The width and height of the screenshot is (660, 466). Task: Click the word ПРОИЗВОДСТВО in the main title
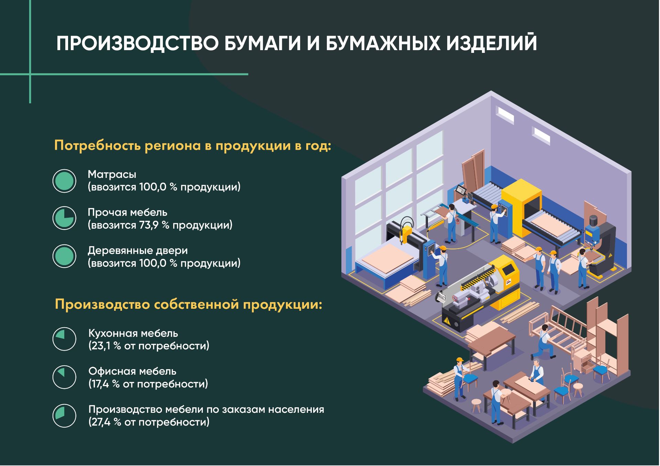[137, 44]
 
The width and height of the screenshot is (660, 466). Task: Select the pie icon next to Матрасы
[64, 181]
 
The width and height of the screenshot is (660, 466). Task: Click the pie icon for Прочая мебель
[64, 218]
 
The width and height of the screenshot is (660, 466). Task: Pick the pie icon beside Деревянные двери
[64, 256]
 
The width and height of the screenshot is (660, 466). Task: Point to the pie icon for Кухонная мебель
[64, 339]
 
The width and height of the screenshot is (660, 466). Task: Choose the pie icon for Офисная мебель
[64, 377]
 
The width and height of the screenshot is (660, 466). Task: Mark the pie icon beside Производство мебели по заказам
[64, 416]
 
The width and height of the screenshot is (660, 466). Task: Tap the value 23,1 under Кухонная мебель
[101, 346]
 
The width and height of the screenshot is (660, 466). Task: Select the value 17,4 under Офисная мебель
[100, 384]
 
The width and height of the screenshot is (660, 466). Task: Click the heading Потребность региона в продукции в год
[192, 146]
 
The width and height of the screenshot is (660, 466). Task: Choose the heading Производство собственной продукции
[189, 305]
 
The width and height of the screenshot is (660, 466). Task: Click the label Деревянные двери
[138, 251]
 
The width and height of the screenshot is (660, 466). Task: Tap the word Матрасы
[112, 174]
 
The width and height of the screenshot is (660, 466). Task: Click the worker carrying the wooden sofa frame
[543, 342]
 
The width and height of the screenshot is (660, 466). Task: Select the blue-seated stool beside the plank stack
[470, 380]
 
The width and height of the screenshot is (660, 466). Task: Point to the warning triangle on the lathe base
[447, 320]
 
